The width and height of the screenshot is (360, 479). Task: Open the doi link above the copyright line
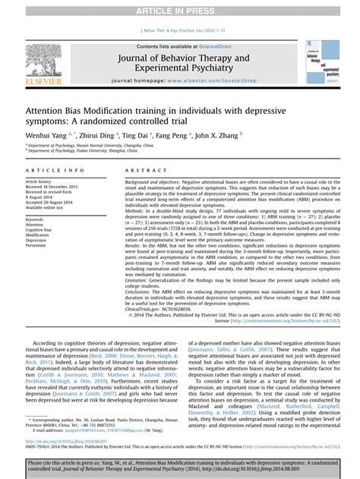[x=62, y=441]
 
